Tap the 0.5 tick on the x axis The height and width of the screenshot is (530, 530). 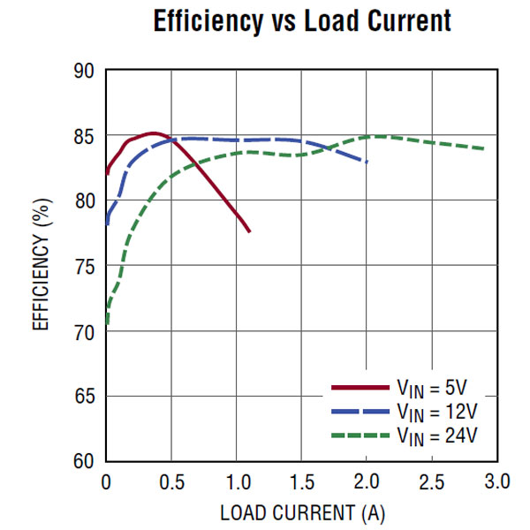171,482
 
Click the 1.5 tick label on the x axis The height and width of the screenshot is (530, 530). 301,482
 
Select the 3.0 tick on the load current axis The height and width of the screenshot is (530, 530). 496,482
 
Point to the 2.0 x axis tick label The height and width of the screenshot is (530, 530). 367,482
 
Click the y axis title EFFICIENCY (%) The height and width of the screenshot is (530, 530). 41,266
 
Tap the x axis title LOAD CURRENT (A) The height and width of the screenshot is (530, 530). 302,512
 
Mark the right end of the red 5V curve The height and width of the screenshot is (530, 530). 249,231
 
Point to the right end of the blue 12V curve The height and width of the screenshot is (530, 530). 367,162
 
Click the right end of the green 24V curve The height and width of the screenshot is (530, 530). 484,148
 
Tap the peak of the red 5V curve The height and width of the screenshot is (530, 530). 152,133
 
